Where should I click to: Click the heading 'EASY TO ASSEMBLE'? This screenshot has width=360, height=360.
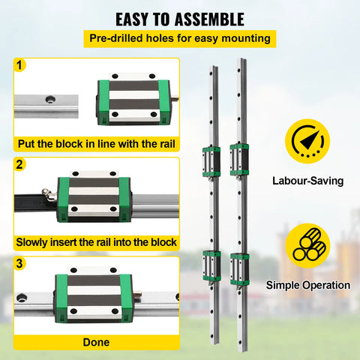click(x=179, y=18)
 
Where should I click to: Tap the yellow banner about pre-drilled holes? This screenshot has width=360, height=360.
click(x=180, y=38)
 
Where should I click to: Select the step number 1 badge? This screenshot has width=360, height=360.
click(x=19, y=65)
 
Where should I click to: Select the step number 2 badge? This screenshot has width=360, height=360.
click(x=19, y=164)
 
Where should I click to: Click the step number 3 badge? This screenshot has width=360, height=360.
click(x=19, y=263)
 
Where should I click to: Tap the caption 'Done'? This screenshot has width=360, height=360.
click(x=96, y=342)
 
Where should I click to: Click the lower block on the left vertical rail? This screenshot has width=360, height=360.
click(x=210, y=265)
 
